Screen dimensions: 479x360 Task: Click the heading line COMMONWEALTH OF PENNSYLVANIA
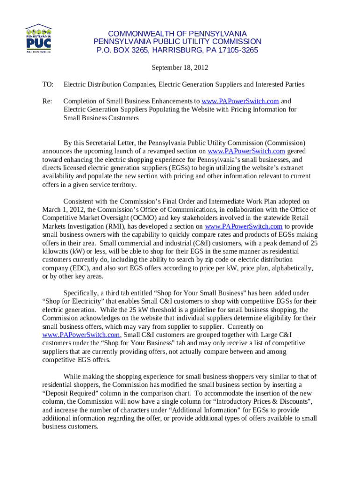[x=177, y=34]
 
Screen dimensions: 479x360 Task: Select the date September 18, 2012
[x=180, y=68]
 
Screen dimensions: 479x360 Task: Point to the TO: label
[x=48, y=85]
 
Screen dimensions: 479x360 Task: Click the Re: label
[x=48, y=101]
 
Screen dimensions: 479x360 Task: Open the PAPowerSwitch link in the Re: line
[x=240, y=101]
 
